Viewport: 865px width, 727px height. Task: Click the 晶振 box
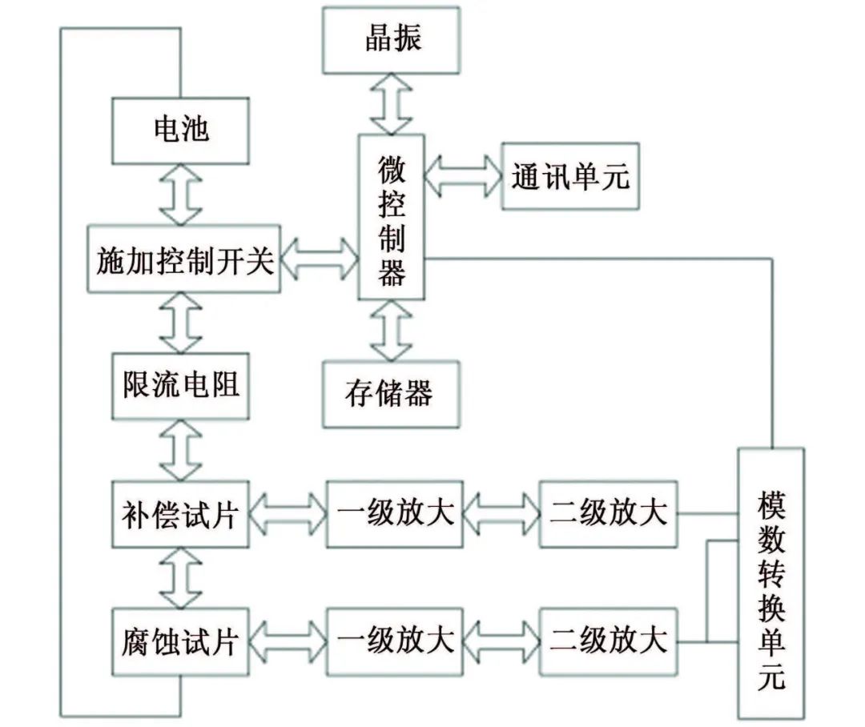(391, 38)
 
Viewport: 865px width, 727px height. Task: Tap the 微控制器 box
(392, 217)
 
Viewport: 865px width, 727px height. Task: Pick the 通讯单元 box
(570, 176)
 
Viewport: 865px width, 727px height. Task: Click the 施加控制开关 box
(183, 259)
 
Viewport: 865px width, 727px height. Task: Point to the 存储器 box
(391, 393)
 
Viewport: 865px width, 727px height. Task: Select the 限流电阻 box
(180, 385)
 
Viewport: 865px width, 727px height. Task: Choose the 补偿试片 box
(180, 513)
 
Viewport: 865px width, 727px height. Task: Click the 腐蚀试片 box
(180, 641)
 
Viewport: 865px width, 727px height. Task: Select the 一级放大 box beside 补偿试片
(395, 513)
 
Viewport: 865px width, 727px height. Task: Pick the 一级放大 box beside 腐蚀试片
(395, 641)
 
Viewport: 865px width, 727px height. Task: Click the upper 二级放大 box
(608, 513)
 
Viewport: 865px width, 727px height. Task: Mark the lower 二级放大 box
(608, 641)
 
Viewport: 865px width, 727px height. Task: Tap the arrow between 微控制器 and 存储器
(391, 330)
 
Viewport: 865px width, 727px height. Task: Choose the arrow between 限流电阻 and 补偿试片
(180, 449)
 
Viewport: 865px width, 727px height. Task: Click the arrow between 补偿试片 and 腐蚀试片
(180, 577)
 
